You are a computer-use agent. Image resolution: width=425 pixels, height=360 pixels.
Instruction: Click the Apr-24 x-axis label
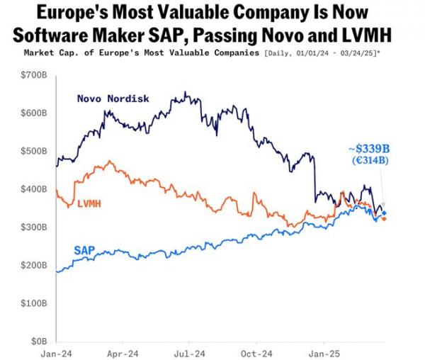(125, 352)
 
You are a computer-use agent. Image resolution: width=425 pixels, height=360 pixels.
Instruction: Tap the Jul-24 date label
(191, 352)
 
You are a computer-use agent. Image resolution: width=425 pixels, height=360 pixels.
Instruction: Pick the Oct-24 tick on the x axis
(257, 352)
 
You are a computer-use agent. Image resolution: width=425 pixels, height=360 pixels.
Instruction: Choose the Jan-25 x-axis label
(324, 352)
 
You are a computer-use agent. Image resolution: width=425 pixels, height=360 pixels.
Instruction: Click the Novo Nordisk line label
(113, 99)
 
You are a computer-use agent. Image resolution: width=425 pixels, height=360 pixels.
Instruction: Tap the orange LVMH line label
(88, 203)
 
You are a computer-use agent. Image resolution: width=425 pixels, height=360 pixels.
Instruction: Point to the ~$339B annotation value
(369, 148)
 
